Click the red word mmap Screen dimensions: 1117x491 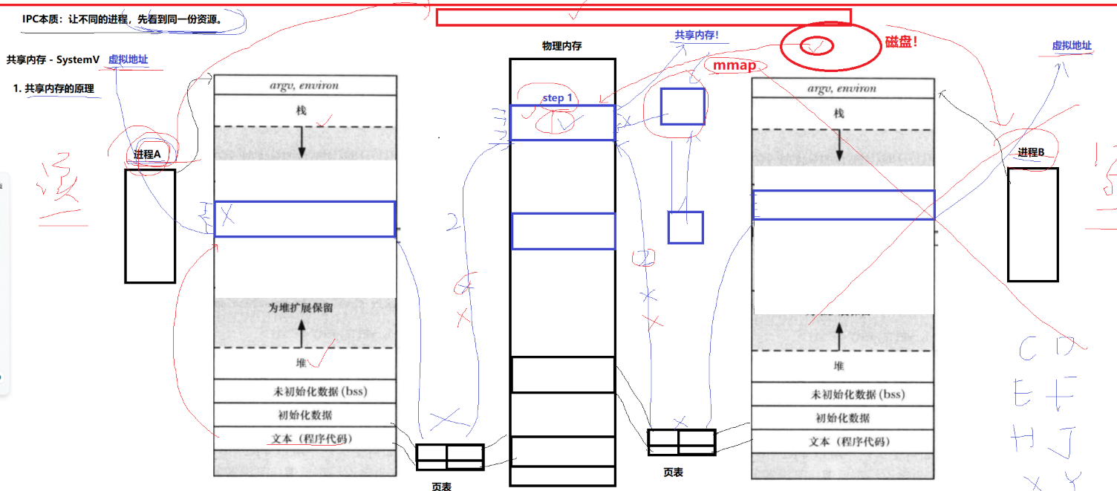734,66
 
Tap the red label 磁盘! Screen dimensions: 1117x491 902,42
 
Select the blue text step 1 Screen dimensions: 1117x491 557,98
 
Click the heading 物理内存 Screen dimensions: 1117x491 561,46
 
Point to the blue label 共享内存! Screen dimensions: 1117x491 696,35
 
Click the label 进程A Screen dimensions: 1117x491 146,154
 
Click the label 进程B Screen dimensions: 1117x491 1031,152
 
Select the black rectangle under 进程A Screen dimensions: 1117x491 149,226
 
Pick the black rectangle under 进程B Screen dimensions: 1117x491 1032,224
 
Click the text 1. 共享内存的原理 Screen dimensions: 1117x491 53,88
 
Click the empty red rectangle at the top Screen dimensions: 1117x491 642,17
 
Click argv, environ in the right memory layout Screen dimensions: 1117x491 842,88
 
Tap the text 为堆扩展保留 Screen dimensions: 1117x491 301,308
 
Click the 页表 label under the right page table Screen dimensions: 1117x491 673,472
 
